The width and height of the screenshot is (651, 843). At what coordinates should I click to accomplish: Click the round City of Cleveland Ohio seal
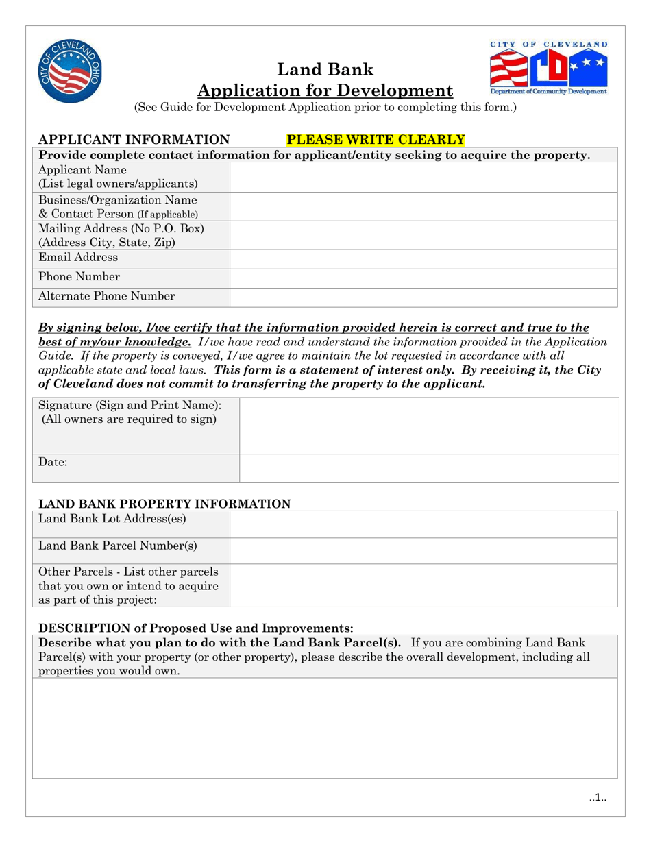(x=71, y=71)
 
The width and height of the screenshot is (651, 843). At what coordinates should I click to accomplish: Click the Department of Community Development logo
(x=548, y=68)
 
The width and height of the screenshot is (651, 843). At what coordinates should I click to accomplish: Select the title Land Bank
(x=325, y=69)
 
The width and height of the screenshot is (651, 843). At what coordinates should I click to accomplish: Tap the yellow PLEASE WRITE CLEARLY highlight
(x=376, y=140)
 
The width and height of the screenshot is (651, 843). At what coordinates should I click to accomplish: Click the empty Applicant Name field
(x=423, y=178)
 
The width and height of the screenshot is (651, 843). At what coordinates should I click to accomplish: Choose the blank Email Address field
(x=423, y=259)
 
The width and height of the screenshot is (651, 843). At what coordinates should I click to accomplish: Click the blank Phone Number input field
(x=423, y=278)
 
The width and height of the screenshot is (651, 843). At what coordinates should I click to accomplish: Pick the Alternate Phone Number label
(x=106, y=296)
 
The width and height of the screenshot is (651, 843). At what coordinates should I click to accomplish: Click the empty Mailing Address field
(x=423, y=235)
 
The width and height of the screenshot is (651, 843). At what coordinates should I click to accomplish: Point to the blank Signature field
(x=429, y=426)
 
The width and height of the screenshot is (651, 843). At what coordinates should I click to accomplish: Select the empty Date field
(x=429, y=468)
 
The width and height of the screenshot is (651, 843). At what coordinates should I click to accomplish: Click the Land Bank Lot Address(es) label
(x=112, y=519)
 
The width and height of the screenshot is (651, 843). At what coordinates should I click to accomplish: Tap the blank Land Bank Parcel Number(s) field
(x=423, y=550)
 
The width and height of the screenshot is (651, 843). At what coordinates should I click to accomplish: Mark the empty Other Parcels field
(x=423, y=585)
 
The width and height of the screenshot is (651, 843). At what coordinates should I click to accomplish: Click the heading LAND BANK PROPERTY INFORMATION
(x=164, y=504)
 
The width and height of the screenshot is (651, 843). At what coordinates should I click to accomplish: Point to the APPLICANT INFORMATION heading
(x=134, y=140)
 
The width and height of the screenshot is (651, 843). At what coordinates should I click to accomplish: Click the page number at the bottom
(x=598, y=797)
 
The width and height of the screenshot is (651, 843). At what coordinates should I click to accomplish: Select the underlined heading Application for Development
(x=325, y=90)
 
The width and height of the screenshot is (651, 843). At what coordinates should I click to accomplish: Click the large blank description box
(x=325, y=728)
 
